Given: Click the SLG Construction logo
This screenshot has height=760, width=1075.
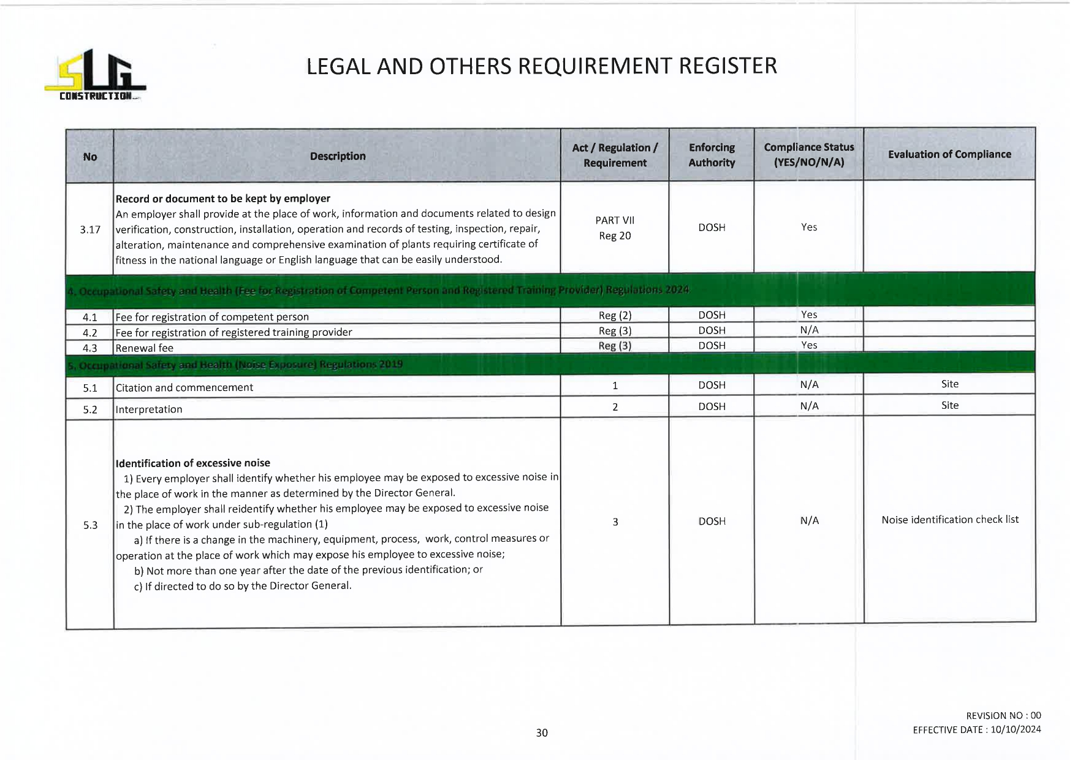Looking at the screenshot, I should point(95,75).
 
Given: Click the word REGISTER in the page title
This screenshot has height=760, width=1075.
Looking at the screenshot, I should point(727,66).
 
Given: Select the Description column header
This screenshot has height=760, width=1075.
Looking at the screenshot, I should point(337,156).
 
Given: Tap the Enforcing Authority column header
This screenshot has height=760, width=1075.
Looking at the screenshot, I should point(712,155).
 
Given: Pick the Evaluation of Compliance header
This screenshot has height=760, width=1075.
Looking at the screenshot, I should point(949,154).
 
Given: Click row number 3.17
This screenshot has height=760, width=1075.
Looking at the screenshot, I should point(90,230).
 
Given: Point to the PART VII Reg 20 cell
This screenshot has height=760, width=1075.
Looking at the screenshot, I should point(615,228).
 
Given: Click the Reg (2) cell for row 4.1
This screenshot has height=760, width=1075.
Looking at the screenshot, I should point(615,316).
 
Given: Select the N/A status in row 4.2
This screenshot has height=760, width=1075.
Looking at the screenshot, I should point(809,330).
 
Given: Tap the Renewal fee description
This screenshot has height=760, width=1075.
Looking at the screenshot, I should point(145,348).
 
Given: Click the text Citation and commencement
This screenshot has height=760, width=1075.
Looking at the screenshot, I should point(184,388).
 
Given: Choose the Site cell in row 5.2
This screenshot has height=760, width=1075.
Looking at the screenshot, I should point(949,406).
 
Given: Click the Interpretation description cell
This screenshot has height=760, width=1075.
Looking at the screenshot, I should point(149,409).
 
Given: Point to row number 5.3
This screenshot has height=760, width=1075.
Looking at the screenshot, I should point(90,525).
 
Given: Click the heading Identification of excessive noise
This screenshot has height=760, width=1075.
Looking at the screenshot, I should point(193,463).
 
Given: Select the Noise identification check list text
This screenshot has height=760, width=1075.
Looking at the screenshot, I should point(950,520).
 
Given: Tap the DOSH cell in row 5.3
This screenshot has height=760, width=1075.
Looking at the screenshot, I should point(712,522).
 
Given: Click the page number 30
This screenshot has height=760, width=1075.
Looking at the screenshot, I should point(542,733).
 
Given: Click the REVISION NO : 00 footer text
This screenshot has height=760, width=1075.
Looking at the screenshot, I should point(1003,716).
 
